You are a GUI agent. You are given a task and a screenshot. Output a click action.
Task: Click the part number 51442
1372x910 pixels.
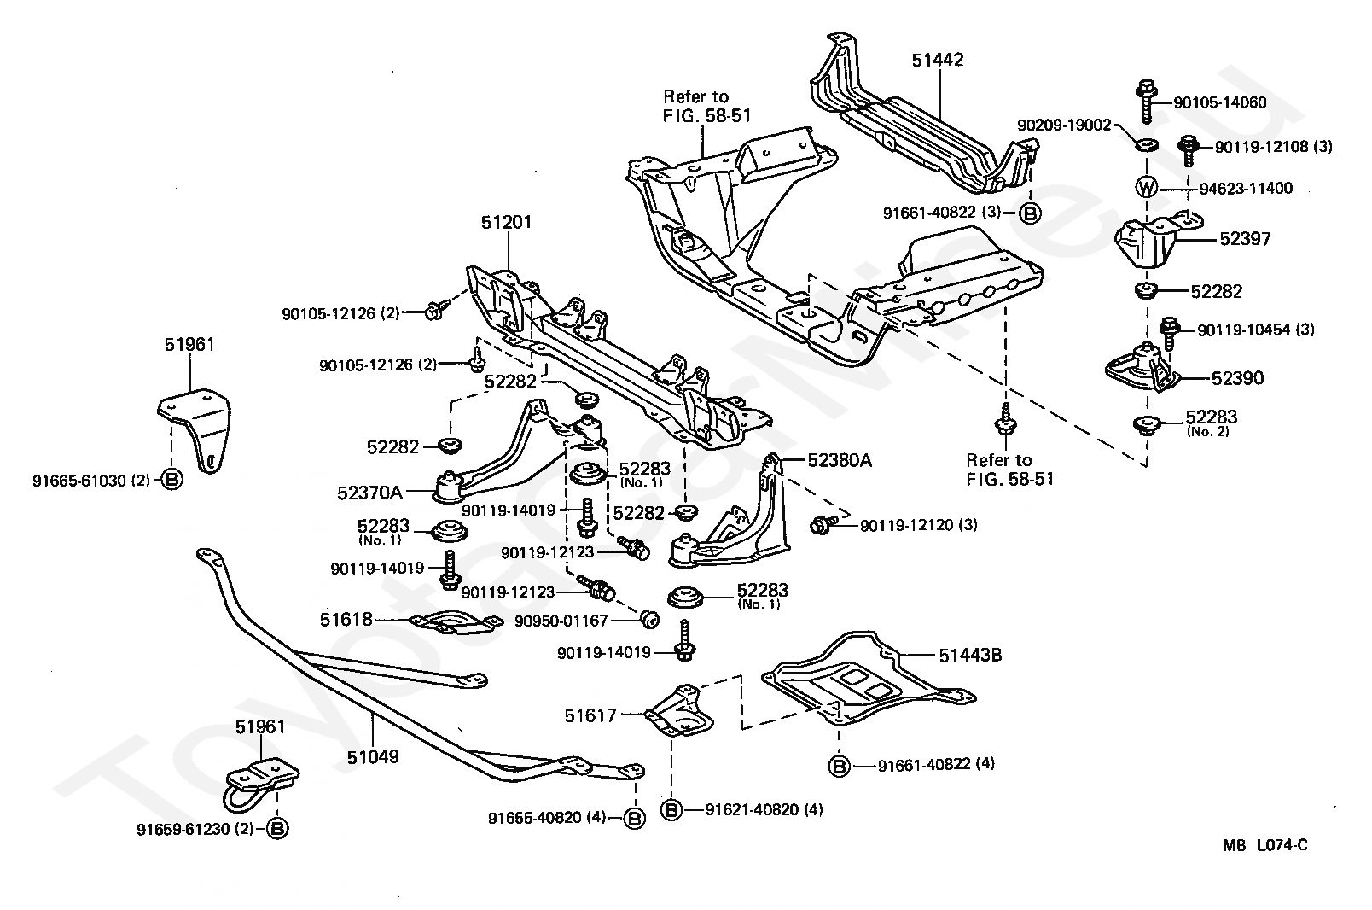pos(938,61)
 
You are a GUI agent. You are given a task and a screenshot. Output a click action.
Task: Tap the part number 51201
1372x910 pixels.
pos(506,223)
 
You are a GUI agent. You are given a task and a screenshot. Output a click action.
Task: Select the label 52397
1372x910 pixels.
pos(1245,239)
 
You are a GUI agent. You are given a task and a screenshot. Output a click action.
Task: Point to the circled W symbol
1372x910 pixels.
pos(1146,187)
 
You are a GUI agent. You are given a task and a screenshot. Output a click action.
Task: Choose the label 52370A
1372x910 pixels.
pos(370,493)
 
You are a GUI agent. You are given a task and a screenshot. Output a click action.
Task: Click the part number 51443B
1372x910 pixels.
pos(970,656)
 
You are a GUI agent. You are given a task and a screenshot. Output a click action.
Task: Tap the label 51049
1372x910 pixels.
pos(373,756)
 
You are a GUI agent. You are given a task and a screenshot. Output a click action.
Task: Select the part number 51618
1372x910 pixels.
pos(346,620)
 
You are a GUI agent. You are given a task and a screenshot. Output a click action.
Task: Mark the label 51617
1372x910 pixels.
pos(590,715)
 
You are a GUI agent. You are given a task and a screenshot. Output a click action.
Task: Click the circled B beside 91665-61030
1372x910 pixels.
pos(171,480)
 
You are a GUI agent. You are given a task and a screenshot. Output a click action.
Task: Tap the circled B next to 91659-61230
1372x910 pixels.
pos(277,828)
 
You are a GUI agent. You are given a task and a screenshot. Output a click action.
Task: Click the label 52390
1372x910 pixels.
pos(1236,378)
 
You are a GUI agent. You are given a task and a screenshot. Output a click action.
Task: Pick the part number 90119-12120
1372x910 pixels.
pos(908,525)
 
